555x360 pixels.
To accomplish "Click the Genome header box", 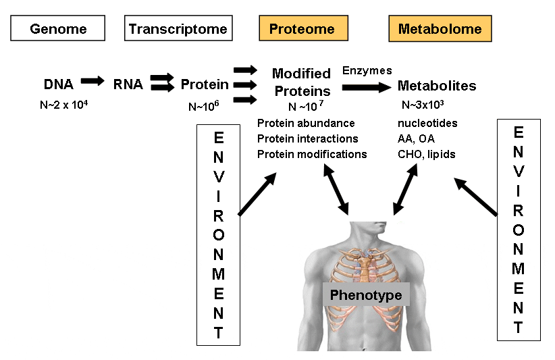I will [57, 29].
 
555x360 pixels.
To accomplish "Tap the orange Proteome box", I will [302, 29].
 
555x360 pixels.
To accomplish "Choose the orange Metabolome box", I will [440, 29].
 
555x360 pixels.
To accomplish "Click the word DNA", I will [58, 84].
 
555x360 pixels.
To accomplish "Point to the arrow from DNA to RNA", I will [92, 81].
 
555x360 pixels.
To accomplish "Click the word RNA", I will [128, 84].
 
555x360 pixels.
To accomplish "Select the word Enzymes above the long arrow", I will [367, 70].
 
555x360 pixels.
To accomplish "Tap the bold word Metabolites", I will [437, 86].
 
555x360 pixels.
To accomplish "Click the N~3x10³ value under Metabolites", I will [423, 105].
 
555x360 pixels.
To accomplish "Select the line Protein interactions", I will [307, 138].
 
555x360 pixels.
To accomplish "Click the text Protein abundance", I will [306, 123].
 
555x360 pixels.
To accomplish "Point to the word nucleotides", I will [428, 123].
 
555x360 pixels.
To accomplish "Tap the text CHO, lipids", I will [427, 154].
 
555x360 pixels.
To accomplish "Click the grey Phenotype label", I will [365, 295].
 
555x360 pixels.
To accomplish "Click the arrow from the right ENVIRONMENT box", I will [476, 197].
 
